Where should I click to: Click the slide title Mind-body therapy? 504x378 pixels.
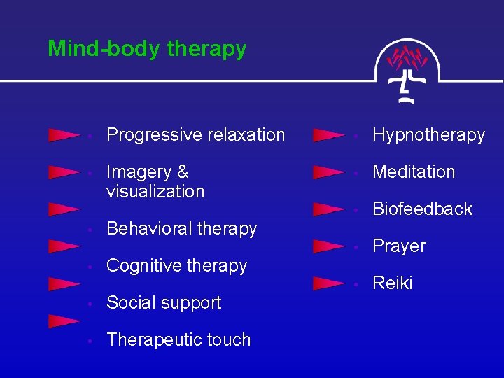[x=147, y=49]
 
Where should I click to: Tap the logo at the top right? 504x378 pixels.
[x=407, y=70]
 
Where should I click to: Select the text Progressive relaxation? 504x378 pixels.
[x=195, y=134]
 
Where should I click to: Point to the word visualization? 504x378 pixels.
[x=155, y=191]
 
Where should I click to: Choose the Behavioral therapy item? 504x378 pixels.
[x=181, y=228]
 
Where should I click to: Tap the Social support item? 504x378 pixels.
[x=163, y=302]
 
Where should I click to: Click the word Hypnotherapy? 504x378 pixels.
[x=428, y=134]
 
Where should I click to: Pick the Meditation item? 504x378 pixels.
[x=414, y=171]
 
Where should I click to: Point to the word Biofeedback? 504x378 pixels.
[x=422, y=209]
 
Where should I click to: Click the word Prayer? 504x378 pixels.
[x=399, y=246]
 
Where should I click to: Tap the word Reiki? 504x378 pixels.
[x=392, y=283]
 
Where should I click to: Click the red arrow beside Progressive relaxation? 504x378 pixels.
[x=63, y=135]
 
